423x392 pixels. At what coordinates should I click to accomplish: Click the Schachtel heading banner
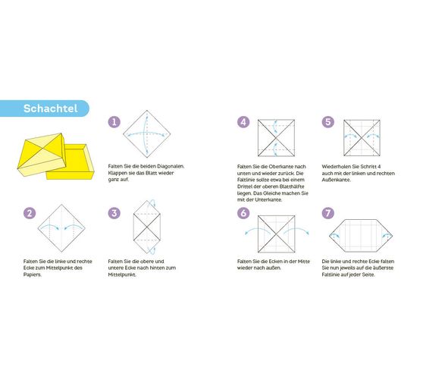47,108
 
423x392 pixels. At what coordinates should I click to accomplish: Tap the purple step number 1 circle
114,121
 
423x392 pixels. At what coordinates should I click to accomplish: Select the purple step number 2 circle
29,213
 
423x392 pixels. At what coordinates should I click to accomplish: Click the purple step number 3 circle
114,213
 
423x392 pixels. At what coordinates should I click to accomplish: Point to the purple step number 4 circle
243,122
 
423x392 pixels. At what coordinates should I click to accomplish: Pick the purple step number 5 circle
327,122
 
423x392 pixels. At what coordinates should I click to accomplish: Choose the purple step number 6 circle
243,213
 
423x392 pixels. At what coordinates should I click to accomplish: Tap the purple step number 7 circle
327,213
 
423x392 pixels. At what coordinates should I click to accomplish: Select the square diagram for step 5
361,138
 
